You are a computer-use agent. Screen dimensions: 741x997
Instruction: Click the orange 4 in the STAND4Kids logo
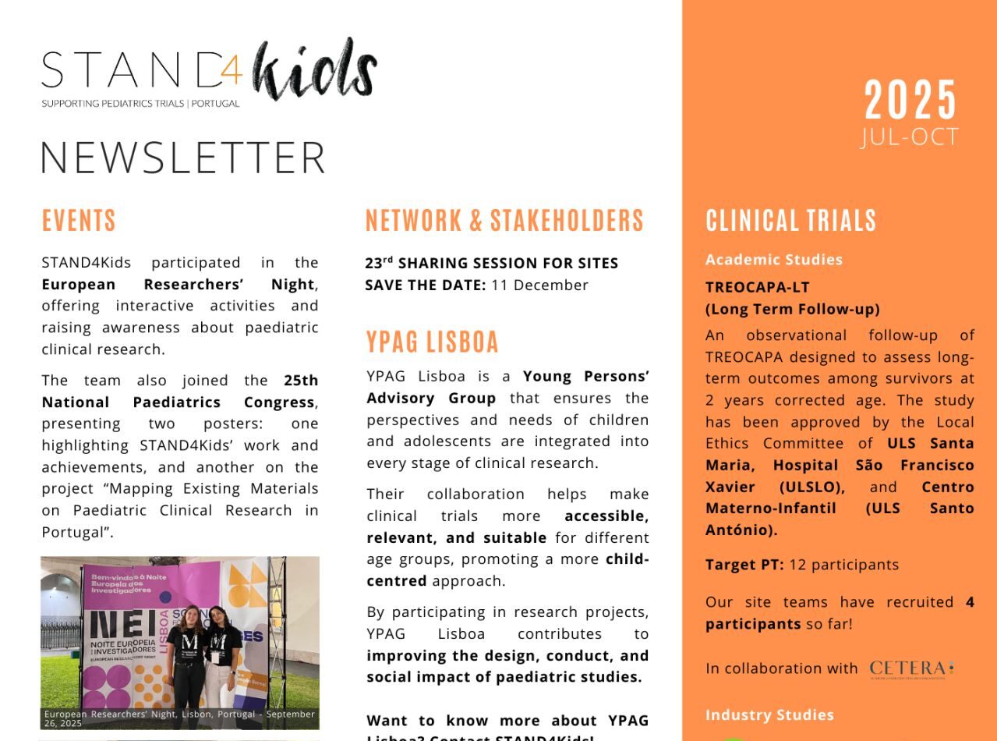[x=230, y=72]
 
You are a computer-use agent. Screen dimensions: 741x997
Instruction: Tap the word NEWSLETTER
[x=182, y=157]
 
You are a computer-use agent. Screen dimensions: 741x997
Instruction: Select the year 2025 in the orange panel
[x=910, y=100]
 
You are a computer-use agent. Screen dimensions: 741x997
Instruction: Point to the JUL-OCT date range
[x=910, y=137]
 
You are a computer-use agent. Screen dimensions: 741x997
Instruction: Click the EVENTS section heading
[x=79, y=221]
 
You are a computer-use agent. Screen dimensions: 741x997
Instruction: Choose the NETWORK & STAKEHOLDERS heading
[x=504, y=221]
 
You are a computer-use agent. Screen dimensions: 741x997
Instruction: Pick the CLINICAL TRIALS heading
[x=791, y=221]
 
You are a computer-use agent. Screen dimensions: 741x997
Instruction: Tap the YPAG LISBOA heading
[x=433, y=342]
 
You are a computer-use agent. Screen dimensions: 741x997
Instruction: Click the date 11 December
[x=539, y=285]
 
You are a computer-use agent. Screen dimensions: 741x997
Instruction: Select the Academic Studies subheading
[x=774, y=260]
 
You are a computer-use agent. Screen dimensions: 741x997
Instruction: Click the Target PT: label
[x=744, y=565]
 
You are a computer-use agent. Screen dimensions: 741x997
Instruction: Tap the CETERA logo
[x=911, y=669]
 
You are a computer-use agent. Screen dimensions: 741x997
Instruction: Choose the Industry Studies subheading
[x=769, y=714]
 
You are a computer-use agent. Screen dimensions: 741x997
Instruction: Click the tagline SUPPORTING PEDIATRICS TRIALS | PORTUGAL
[x=140, y=103]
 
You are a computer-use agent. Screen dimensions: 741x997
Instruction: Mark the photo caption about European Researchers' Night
[x=179, y=718]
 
